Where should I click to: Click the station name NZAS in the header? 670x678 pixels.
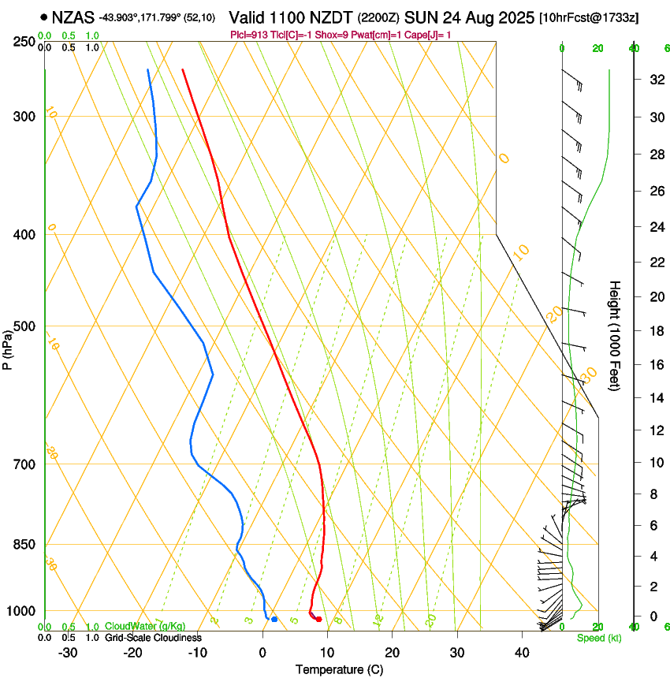click(73, 17)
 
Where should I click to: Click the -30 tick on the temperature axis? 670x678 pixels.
click(68, 653)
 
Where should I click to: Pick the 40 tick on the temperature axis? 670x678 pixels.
click(521, 653)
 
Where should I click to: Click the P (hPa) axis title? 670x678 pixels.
click(7, 347)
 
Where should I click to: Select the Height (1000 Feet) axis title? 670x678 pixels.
click(616, 335)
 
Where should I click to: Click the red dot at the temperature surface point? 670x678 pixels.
click(318, 620)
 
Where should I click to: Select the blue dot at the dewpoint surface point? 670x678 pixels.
click(274, 620)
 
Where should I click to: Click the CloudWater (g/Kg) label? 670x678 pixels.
click(145, 627)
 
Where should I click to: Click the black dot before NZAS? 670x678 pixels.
click(43, 17)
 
